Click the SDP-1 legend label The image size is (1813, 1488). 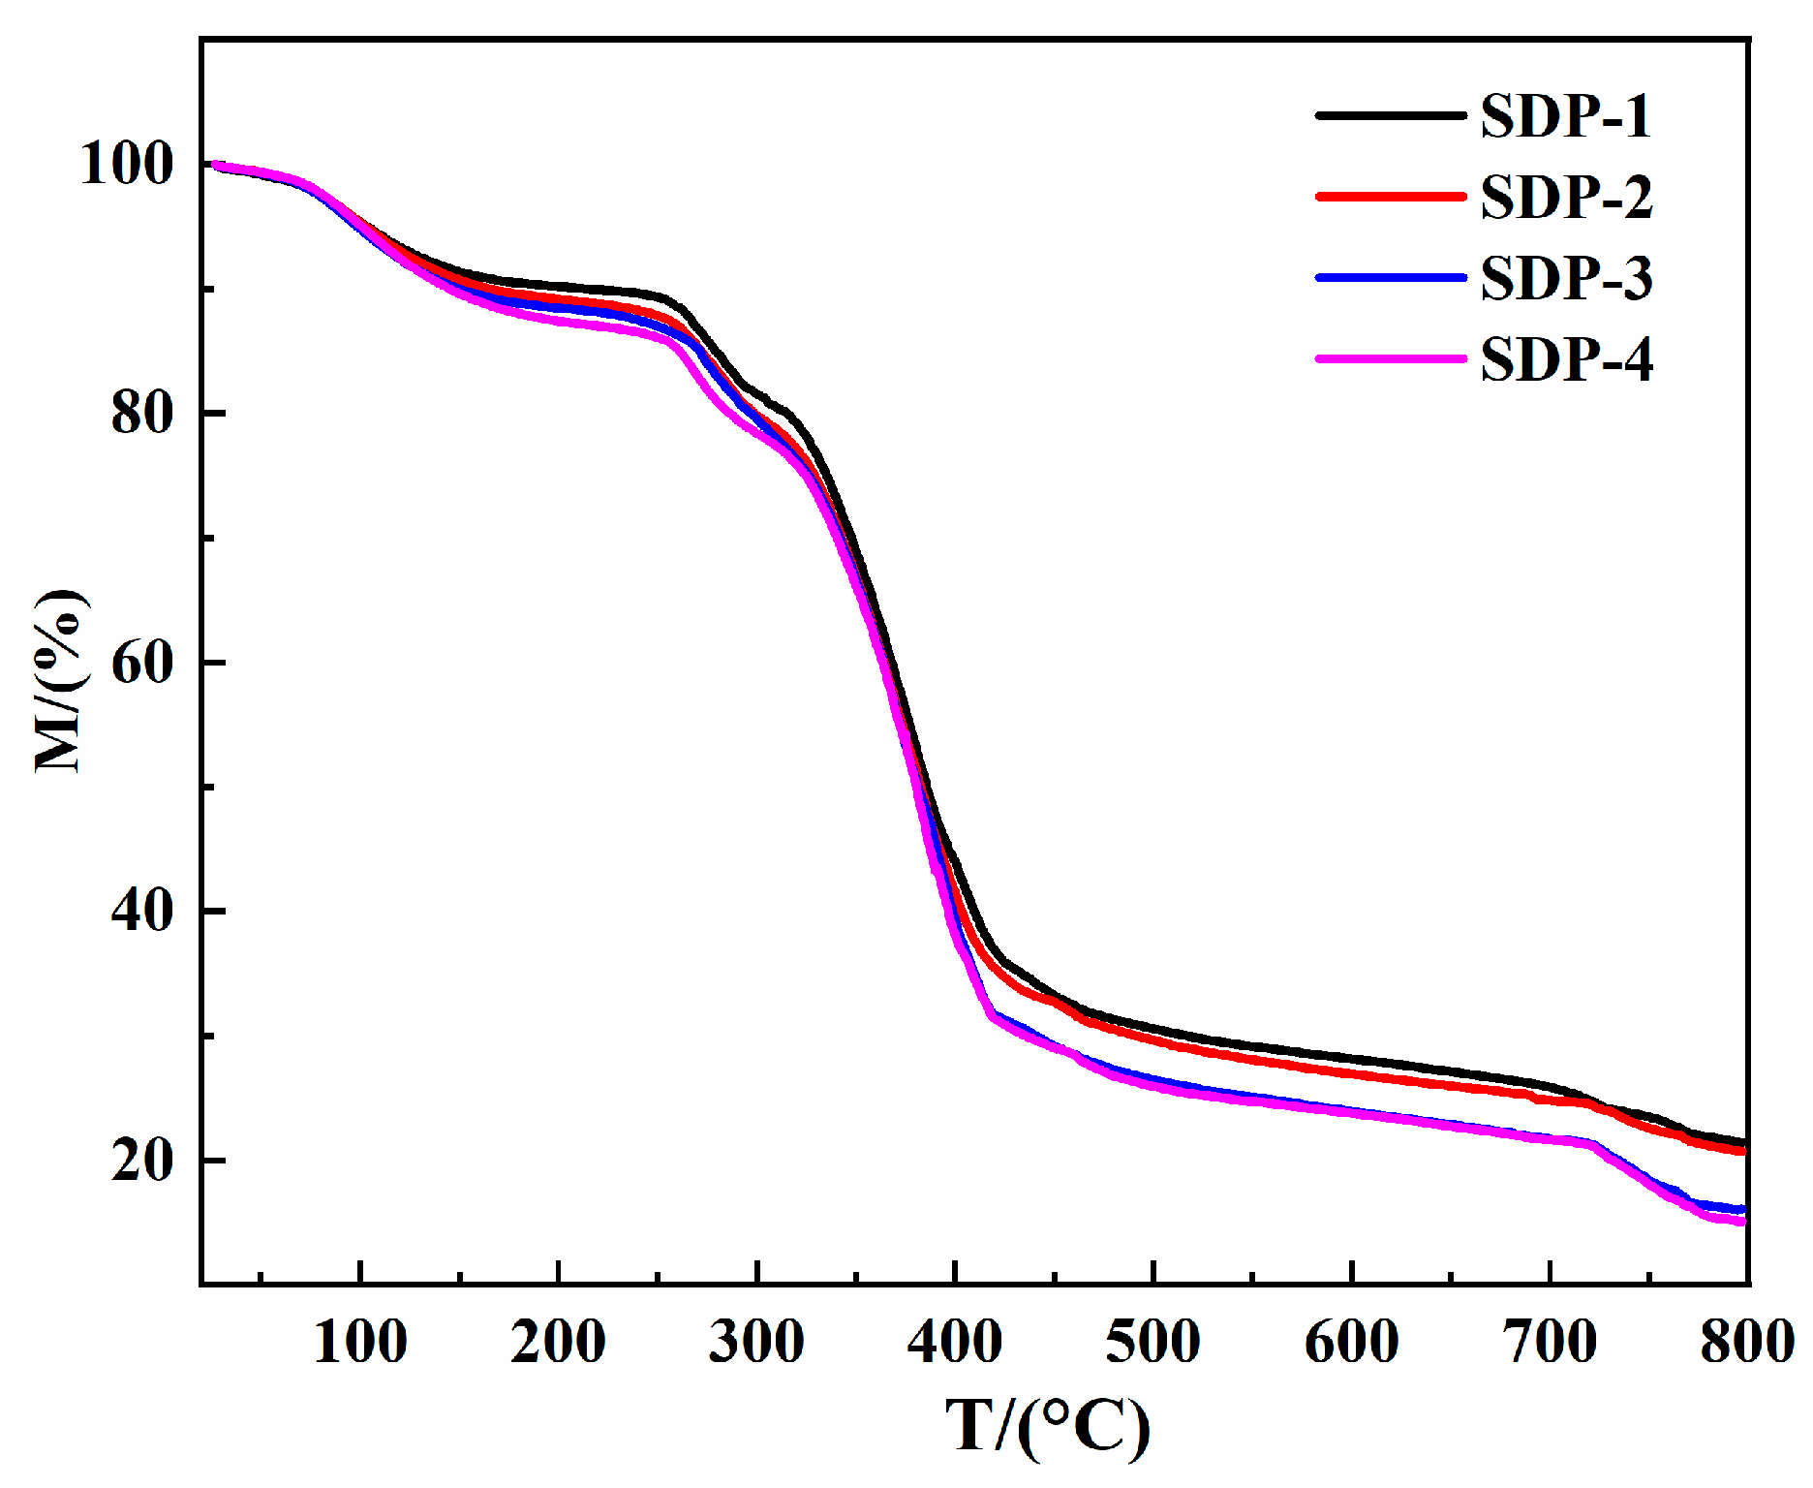point(1565,116)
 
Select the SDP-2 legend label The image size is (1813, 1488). point(1566,198)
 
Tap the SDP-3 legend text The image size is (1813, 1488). point(1566,279)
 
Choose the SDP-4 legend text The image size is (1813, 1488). point(1566,360)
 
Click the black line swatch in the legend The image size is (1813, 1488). point(1390,115)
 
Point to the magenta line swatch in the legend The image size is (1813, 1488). point(1390,358)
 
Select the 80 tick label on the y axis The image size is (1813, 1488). point(141,413)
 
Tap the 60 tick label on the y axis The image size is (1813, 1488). point(141,663)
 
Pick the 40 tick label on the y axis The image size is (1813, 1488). point(141,911)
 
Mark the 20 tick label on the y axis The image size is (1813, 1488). point(141,1160)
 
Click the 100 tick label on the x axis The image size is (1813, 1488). point(360,1343)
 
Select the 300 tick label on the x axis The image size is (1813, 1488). point(756,1343)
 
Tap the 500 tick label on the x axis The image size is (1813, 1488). point(1152,1343)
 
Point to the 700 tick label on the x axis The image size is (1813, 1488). point(1549,1343)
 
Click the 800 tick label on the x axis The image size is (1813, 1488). point(1745,1343)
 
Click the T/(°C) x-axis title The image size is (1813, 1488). point(1048,1426)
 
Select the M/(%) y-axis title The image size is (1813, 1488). point(60,680)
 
